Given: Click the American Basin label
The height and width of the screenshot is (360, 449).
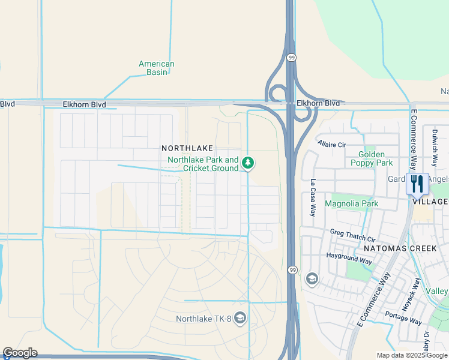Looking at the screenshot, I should (x=156, y=68).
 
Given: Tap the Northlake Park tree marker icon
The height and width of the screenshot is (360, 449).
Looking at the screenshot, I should (x=247, y=163).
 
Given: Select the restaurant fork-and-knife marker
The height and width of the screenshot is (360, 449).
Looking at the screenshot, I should (x=418, y=184).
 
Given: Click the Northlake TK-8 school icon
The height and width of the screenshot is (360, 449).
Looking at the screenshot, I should (x=240, y=317).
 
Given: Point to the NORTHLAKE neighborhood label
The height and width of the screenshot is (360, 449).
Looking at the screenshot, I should (x=187, y=148).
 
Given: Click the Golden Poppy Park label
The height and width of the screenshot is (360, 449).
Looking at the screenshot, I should (x=372, y=158).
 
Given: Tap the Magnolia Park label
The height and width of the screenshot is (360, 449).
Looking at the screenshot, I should (x=351, y=203).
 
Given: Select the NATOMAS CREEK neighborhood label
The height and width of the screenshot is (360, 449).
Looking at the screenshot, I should (x=393, y=248).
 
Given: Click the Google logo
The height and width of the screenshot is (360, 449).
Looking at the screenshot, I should (x=20, y=353).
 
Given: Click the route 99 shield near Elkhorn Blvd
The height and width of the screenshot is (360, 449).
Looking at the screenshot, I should (x=291, y=58).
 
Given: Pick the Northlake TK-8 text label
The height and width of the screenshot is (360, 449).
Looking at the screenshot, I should (x=203, y=319).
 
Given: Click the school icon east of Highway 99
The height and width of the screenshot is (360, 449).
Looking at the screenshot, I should (x=312, y=279).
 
